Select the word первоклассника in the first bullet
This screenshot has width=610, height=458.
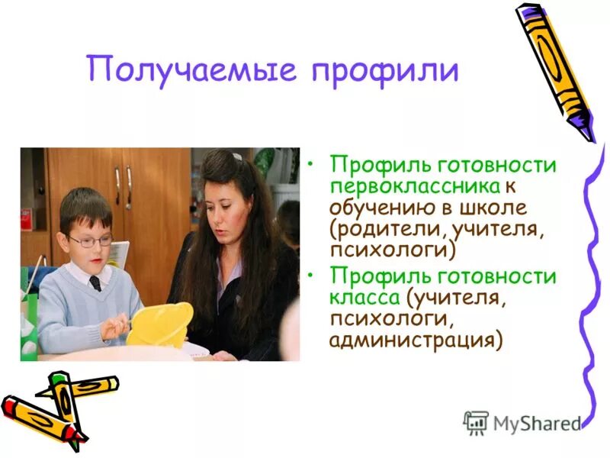[x=415, y=186]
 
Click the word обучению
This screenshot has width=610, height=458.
[x=373, y=208]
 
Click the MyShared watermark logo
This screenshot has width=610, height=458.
[x=522, y=421]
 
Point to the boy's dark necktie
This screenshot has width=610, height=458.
[x=95, y=282]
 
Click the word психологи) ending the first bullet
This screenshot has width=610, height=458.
[x=392, y=249]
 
